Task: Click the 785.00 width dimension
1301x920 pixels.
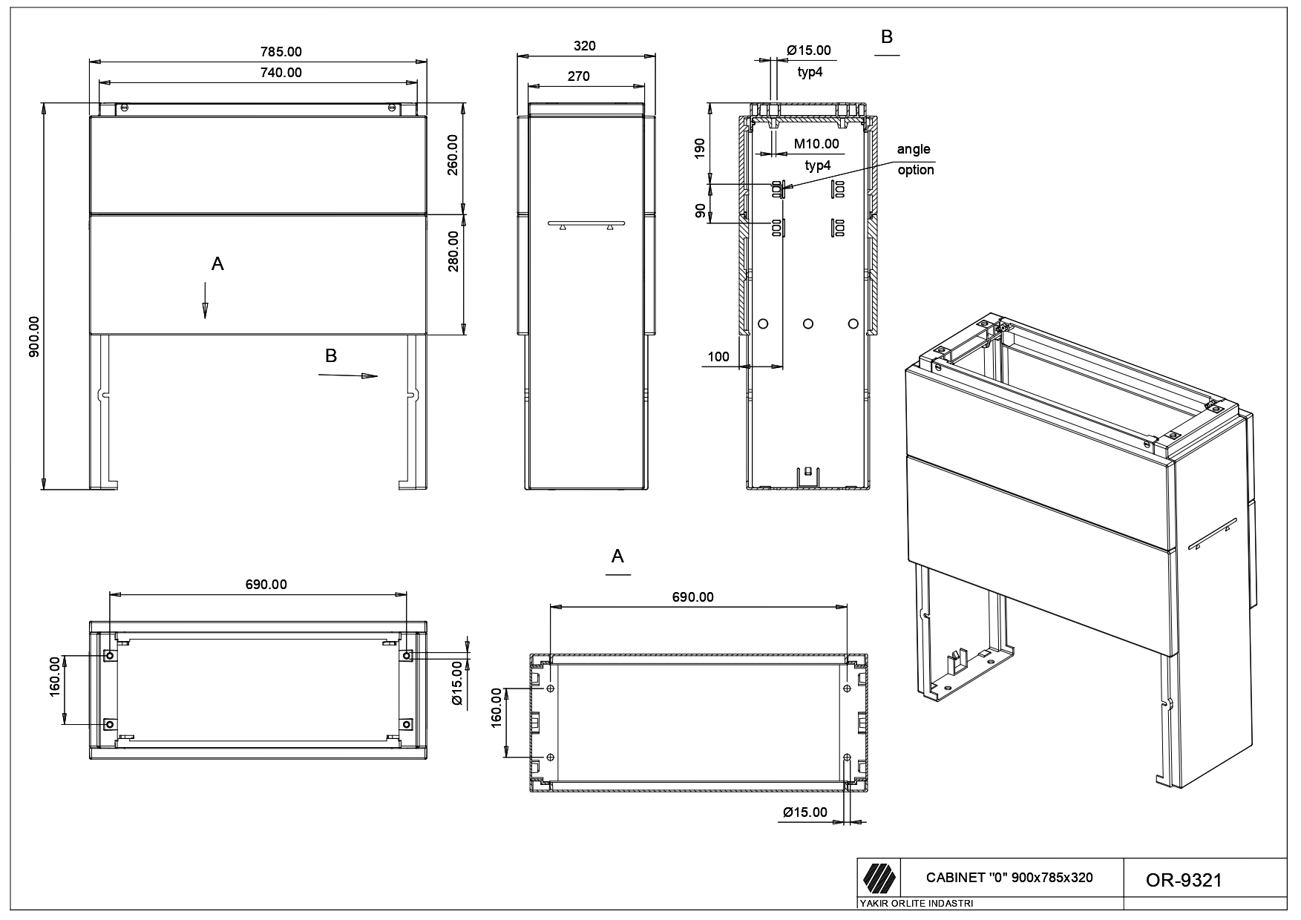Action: [x=281, y=52]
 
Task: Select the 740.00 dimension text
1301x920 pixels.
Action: [x=281, y=73]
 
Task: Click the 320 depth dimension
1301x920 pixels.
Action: [x=585, y=46]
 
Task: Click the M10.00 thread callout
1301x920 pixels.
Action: [x=816, y=144]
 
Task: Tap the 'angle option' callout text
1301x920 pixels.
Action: [x=914, y=160]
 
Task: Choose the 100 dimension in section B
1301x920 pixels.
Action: [x=718, y=357]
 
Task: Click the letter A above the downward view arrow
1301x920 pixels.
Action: [x=217, y=263]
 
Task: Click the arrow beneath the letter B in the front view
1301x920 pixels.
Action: [x=348, y=376]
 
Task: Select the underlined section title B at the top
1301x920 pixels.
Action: [x=886, y=37]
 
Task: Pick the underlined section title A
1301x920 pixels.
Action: [x=617, y=556]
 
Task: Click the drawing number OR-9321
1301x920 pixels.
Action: [x=1184, y=880]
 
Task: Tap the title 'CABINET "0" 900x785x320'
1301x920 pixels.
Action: [x=1009, y=878]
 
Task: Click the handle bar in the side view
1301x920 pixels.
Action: [x=586, y=223]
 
